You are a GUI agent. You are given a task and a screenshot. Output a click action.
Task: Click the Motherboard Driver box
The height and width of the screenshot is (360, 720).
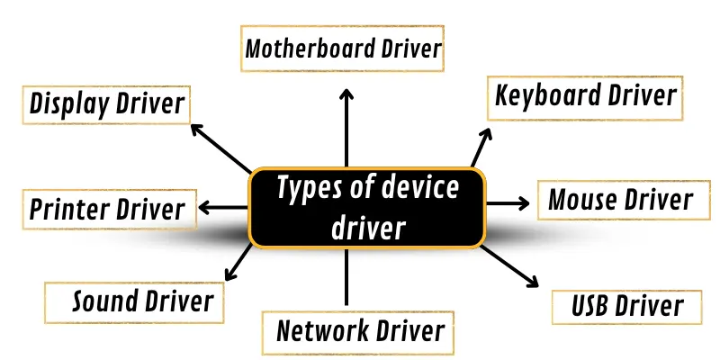[x=344, y=49]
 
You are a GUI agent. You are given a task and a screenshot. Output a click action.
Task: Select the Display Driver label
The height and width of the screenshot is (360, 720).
[x=106, y=104]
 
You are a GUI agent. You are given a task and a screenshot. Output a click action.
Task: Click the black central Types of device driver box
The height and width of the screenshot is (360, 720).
[x=367, y=208]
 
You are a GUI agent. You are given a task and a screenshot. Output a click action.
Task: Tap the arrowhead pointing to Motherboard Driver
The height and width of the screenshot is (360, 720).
[x=346, y=94]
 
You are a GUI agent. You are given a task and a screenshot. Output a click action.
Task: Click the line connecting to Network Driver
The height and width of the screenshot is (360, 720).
[x=346, y=279]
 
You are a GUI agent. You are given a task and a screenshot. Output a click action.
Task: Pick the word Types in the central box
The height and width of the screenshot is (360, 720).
[x=312, y=189]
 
